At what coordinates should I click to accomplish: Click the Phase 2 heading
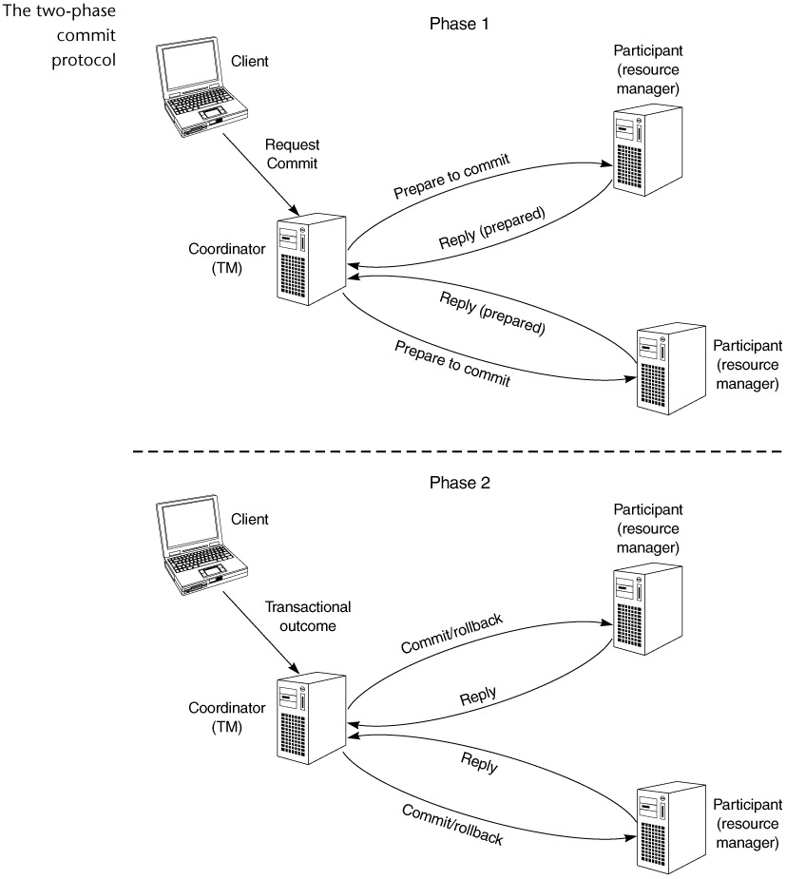[459, 482]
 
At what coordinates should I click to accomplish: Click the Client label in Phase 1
[250, 62]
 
